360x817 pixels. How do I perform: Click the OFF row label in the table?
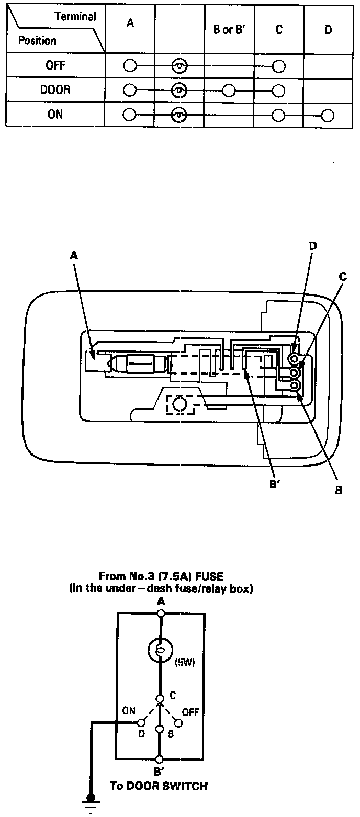click(55, 66)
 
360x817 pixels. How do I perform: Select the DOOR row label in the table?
click(55, 90)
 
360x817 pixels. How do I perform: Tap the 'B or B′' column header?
click(229, 30)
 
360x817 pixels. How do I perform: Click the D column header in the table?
click(328, 30)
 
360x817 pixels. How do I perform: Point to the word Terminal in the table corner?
click(75, 17)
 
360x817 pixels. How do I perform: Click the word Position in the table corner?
click(37, 40)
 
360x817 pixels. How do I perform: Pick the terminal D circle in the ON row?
click(328, 115)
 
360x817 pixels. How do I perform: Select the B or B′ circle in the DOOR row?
click(229, 90)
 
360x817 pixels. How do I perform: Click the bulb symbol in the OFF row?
click(179, 66)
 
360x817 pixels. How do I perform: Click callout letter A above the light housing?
click(74, 255)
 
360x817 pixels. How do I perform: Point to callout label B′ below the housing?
click(275, 484)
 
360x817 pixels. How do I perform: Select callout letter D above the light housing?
click(313, 246)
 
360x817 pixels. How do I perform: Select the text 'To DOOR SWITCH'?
click(158, 786)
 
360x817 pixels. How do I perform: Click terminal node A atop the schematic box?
click(161, 613)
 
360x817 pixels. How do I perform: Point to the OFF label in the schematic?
click(190, 712)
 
